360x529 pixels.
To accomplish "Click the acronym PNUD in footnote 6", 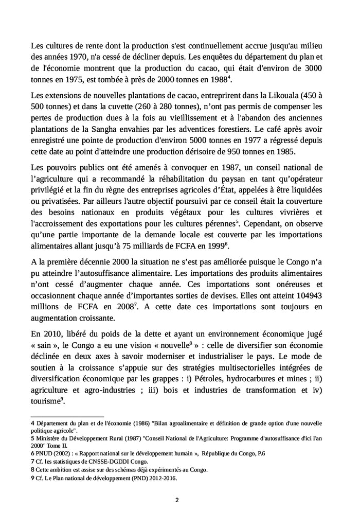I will click(x=45, y=453).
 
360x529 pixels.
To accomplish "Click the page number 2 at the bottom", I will click(x=177, y=500).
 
